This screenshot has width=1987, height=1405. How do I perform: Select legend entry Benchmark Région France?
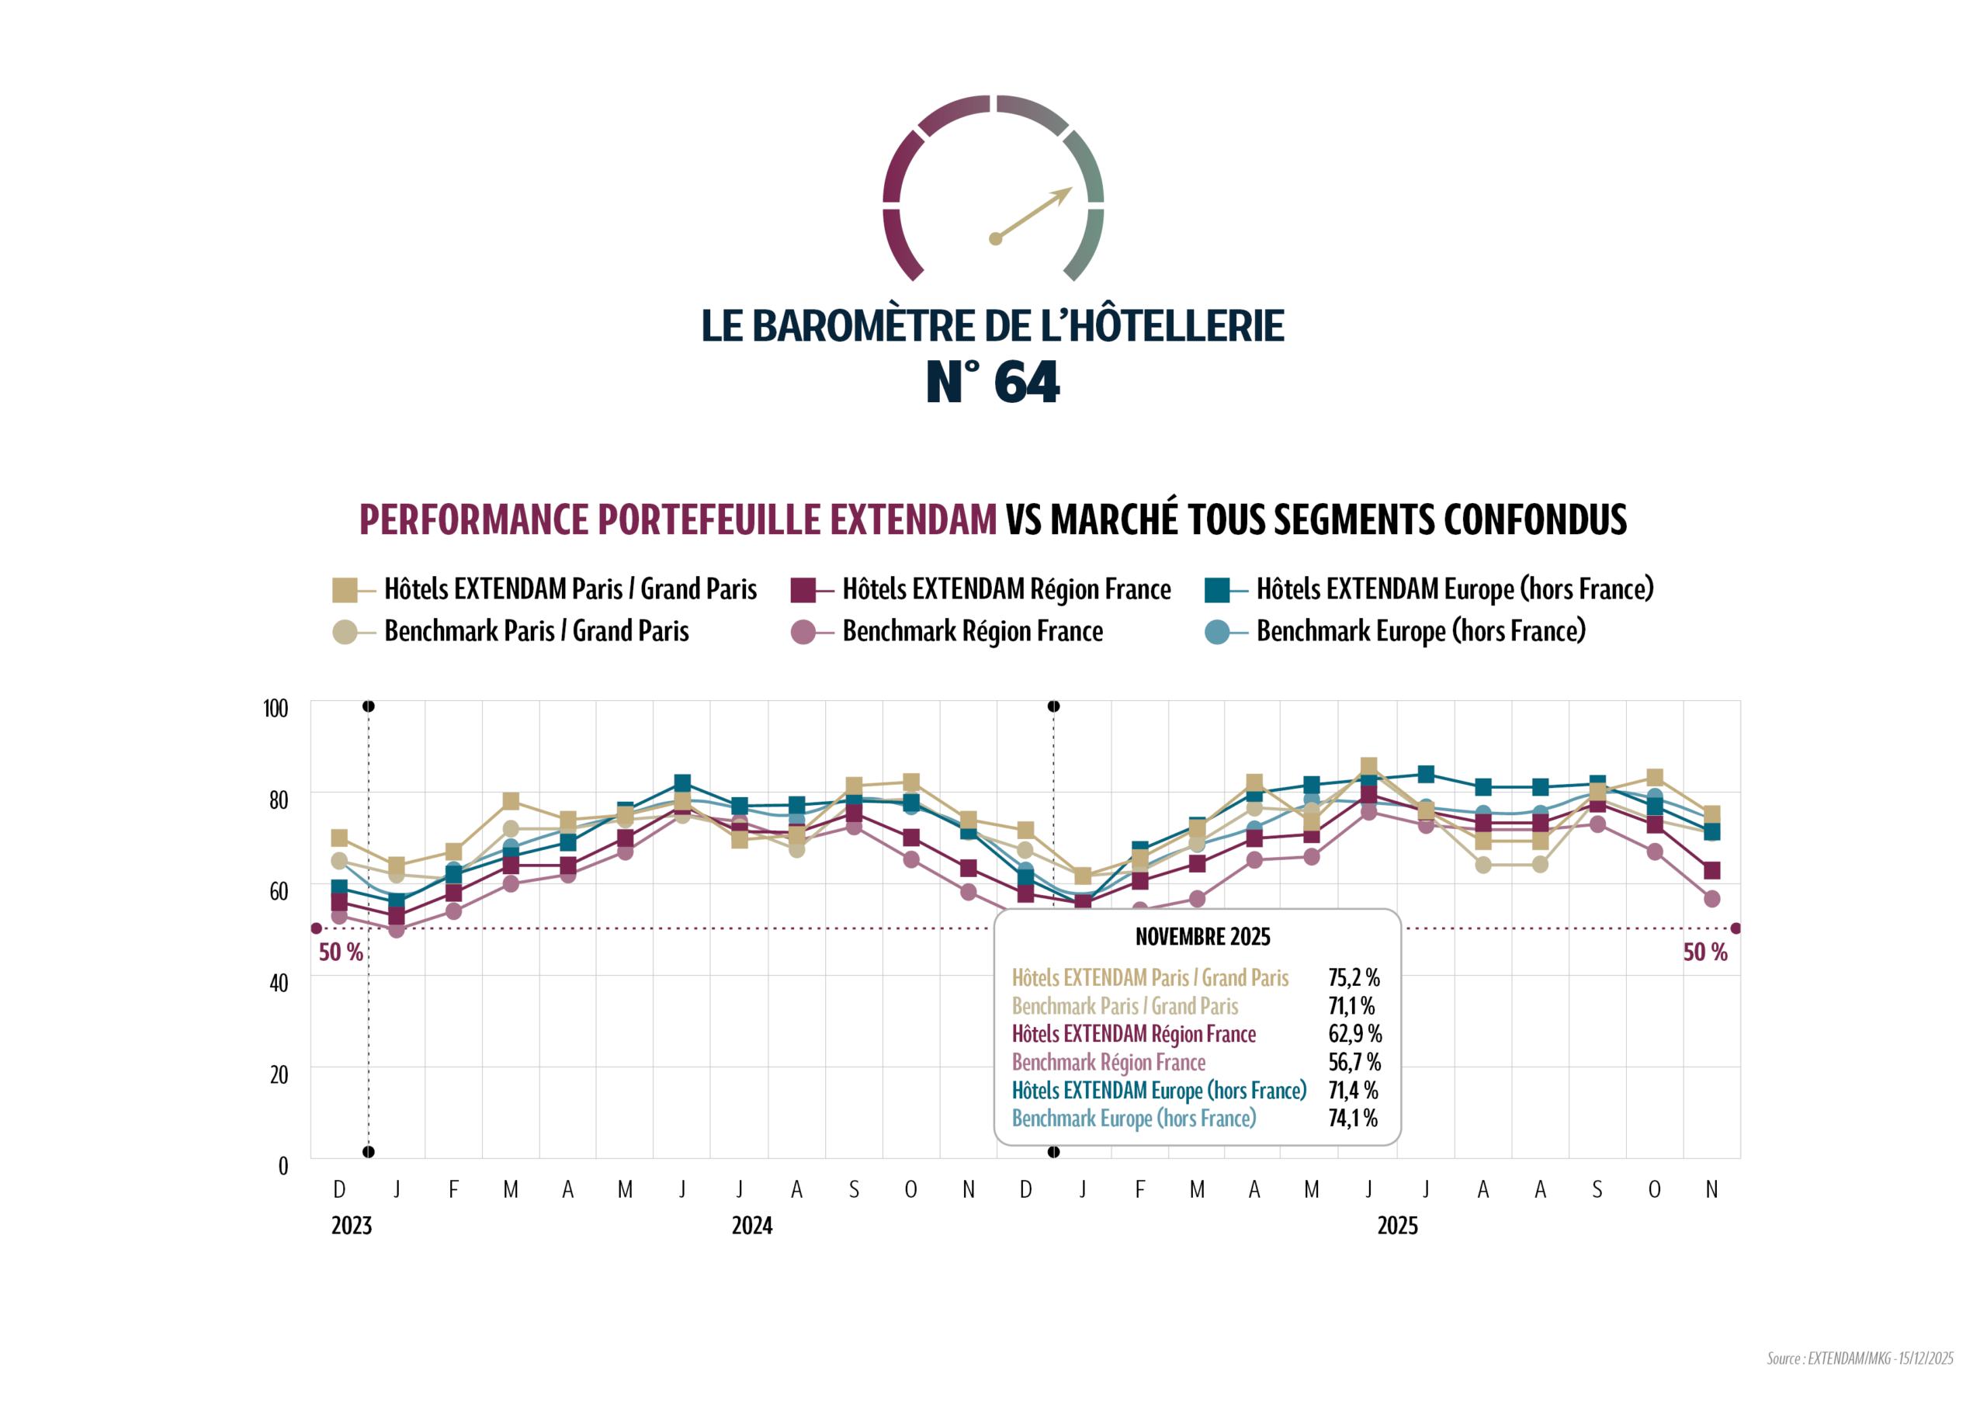972,631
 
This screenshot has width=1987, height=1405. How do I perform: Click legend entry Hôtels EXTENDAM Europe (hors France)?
1454,589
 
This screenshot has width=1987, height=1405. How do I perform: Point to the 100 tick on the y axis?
276,709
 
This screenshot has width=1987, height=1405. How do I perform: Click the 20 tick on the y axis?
279,1075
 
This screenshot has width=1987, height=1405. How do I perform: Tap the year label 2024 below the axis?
751,1226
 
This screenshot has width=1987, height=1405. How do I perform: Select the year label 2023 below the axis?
352,1226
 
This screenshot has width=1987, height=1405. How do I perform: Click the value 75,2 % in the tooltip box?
1354,977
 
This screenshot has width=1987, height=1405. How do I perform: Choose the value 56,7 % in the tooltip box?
1354,1062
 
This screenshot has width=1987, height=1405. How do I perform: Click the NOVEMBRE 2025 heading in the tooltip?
1202,937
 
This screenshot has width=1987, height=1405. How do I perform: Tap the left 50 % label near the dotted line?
341,952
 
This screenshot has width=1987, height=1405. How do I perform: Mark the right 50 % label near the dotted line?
1704,952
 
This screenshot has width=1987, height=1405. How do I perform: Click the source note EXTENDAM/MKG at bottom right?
1859,1358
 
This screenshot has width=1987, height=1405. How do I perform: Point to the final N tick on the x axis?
1711,1189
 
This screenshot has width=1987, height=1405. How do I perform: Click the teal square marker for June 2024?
682,783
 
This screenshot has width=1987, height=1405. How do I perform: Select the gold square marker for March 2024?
511,801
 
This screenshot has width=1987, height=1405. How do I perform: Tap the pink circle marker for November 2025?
1711,900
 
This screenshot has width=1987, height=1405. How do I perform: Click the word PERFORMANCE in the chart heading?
476,519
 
